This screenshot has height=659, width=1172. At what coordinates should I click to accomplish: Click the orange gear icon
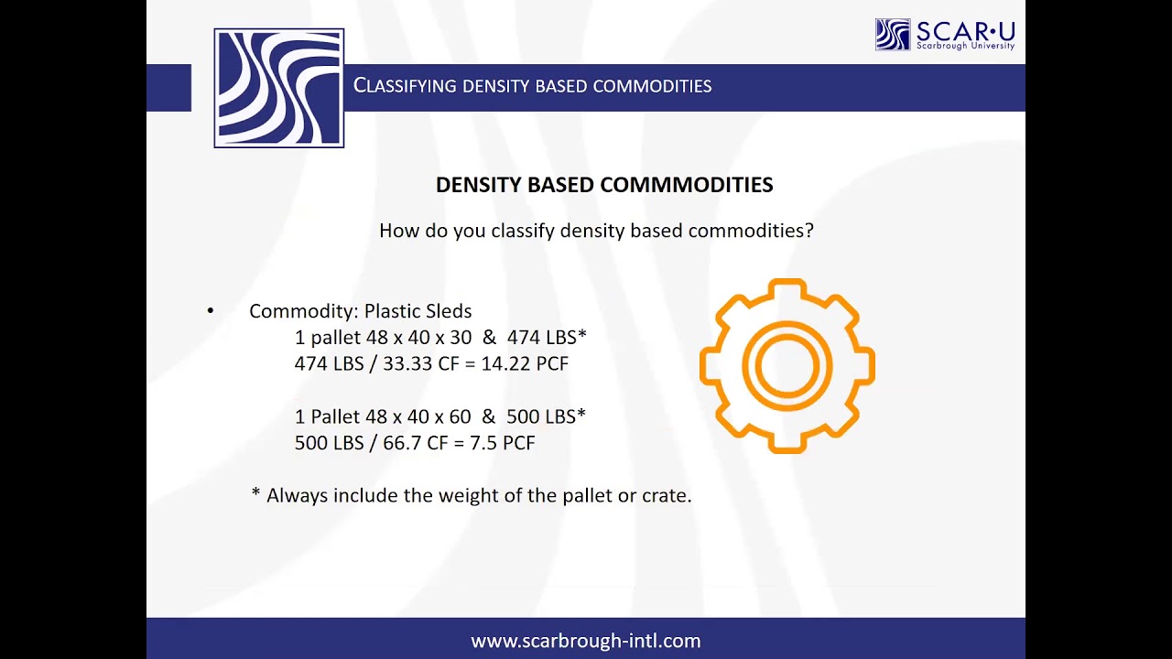[x=787, y=366]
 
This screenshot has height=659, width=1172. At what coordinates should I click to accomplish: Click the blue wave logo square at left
[x=278, y=88]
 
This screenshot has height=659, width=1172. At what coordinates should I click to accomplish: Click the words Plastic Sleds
[x=418, y=311]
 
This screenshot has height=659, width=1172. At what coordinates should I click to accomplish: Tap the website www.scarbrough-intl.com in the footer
[x=586, y=641]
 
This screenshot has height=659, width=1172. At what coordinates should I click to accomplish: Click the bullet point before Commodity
[x=211, y=311]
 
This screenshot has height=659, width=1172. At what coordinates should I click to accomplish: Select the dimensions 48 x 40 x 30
[x=418, y=338]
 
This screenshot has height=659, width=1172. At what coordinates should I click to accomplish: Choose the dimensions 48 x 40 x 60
[x=418, y=416]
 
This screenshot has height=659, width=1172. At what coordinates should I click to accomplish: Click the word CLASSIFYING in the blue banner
[x=405, y=86]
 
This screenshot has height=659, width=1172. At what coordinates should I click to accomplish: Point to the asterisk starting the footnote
[x=255, y=494]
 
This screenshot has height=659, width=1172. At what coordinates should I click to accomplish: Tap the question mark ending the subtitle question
[x=808, y=231]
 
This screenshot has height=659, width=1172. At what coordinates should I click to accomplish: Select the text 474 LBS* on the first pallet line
[x=546, y=338]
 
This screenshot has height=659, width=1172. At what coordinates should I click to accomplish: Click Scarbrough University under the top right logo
[x=965, y=46]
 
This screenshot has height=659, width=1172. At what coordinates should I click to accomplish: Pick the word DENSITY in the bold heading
[x=476, y=185]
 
